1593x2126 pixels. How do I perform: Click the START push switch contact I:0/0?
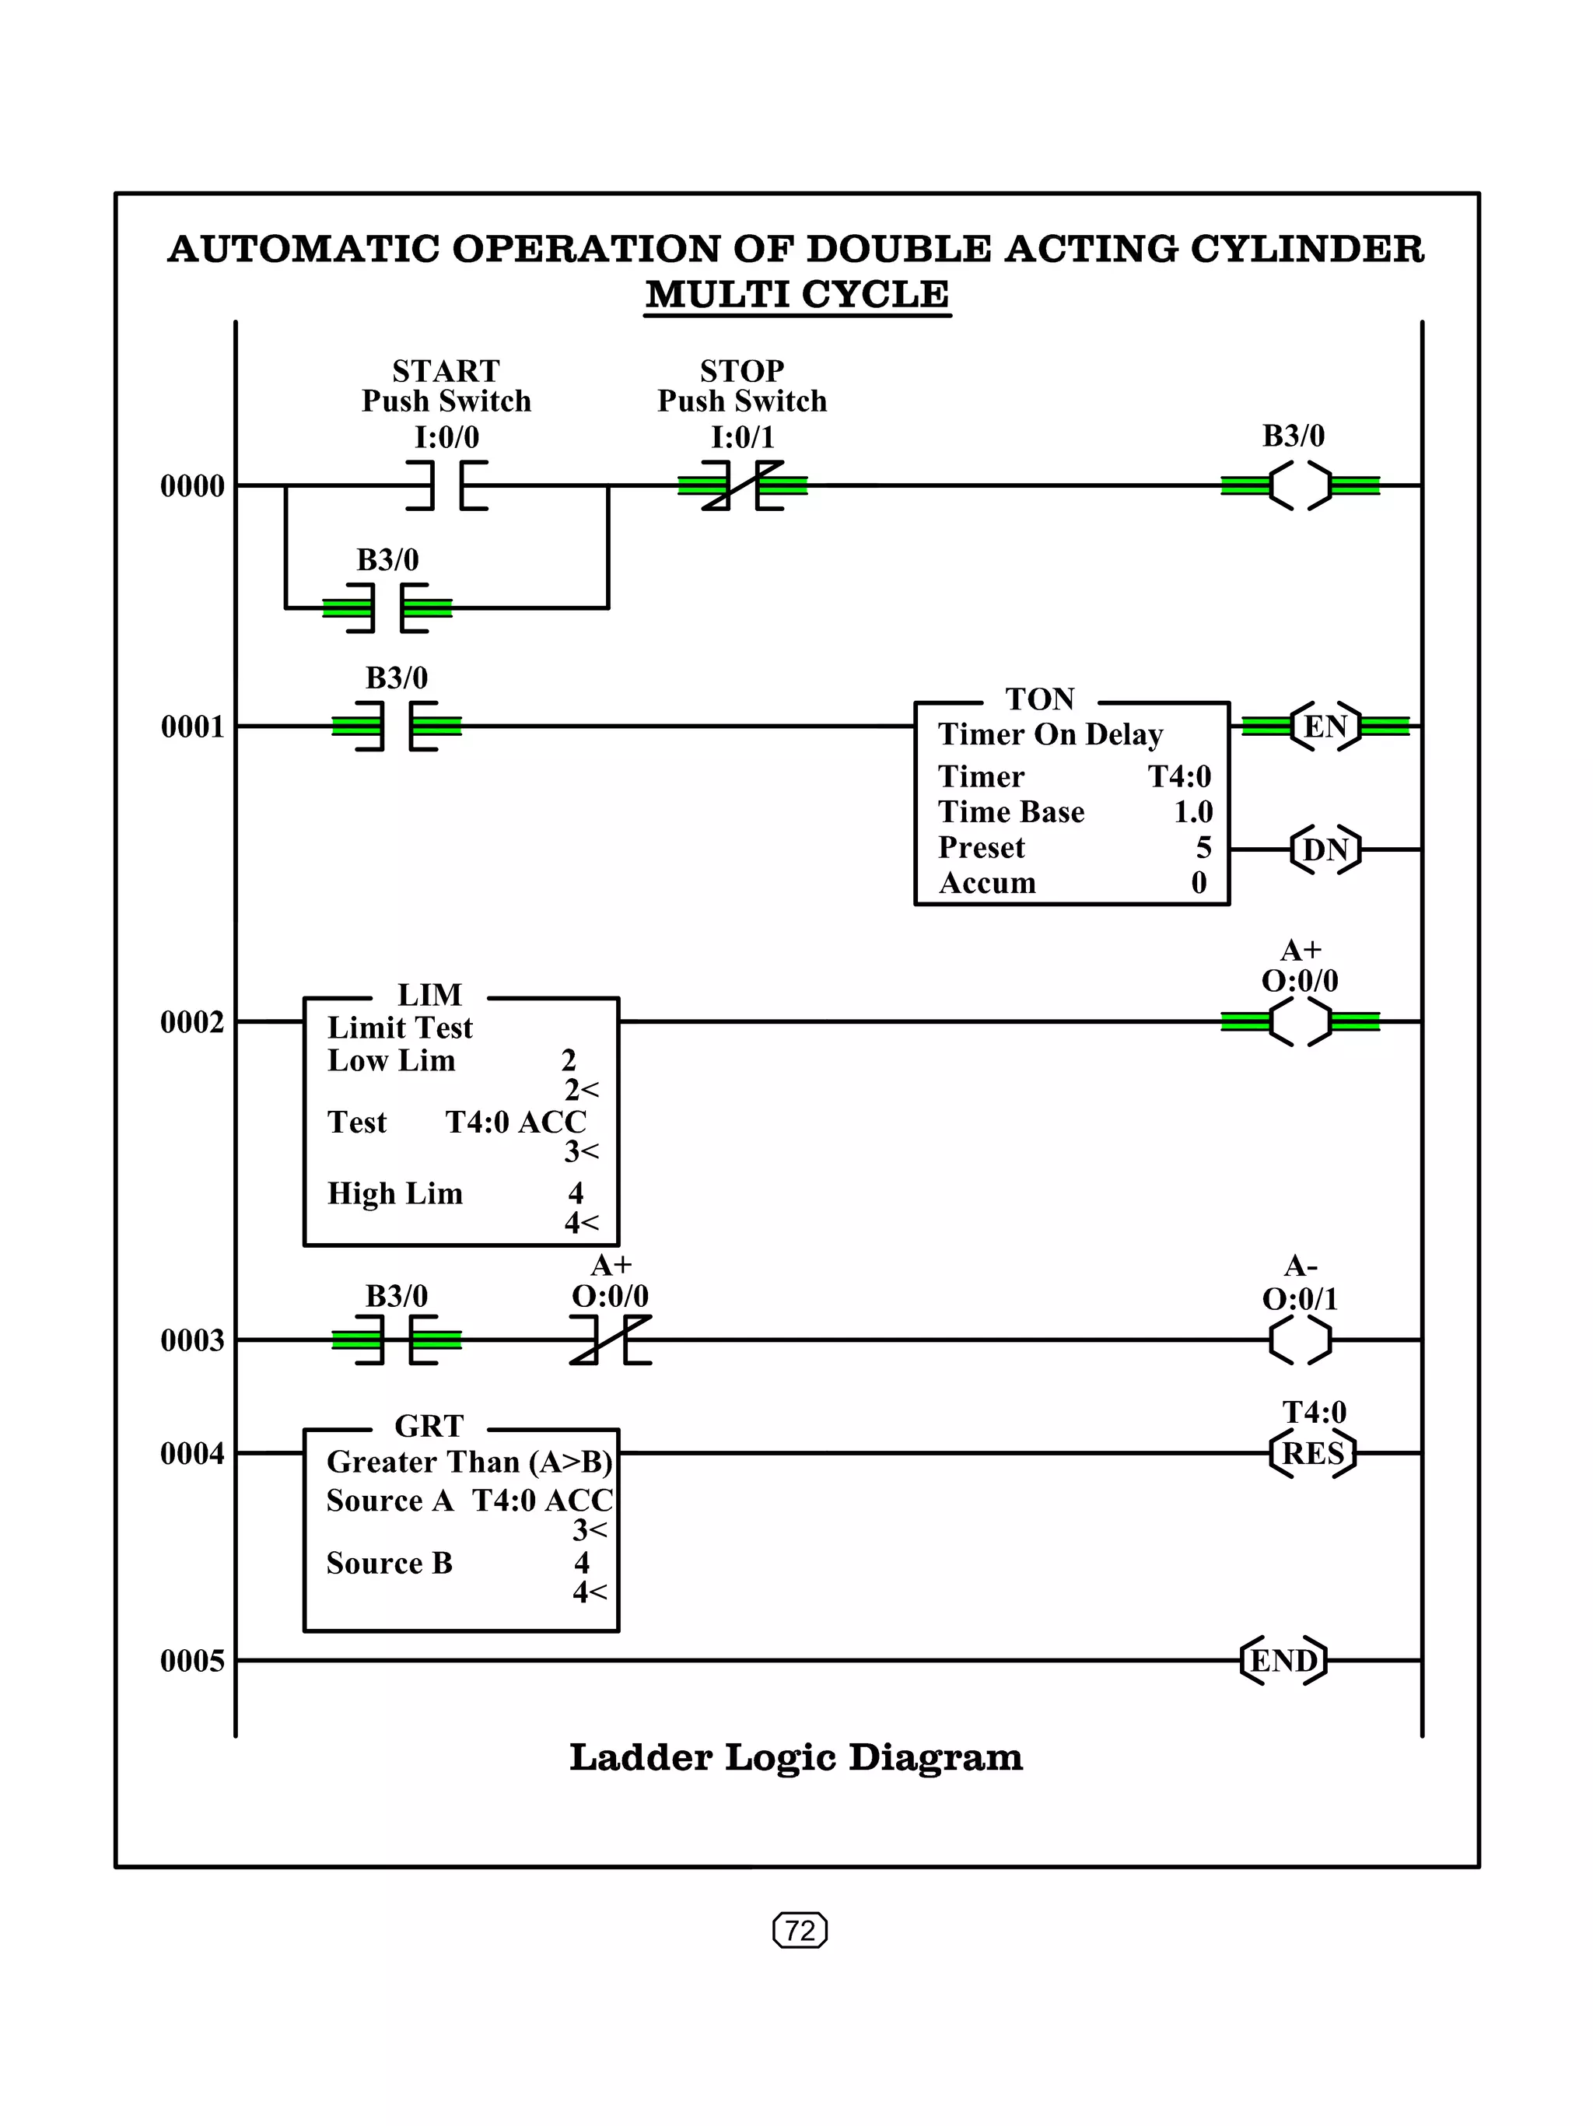point(446,485)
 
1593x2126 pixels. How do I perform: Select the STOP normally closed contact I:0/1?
point(742,485)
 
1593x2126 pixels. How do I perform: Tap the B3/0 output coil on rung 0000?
point(1300,485)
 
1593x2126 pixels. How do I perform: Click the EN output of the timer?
point(1325,727)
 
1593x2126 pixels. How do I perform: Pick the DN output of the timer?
point(1325,849)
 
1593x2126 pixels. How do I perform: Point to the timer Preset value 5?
point(1203,848)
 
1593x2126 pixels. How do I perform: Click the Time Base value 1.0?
point(1192,812)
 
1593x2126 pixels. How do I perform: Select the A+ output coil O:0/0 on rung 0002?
point(1300,1021)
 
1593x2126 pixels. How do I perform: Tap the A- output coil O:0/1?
point(1300,1340)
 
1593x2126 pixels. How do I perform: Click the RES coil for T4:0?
point(1312,1453)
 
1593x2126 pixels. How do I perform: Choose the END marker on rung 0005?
point(1283,1660)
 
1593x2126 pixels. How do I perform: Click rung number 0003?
point(192,1340)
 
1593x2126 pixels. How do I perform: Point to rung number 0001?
point(192,727)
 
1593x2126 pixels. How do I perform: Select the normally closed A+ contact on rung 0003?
point(610,1340)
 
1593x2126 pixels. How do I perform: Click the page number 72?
point(800,1930)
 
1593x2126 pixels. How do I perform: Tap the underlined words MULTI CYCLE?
point(796,294)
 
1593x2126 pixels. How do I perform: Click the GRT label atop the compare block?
point(429,1427)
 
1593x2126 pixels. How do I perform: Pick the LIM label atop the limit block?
point(429,995)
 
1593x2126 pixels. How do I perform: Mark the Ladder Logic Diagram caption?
point(796,1758)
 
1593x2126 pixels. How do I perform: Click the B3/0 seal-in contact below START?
point(387,608)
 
